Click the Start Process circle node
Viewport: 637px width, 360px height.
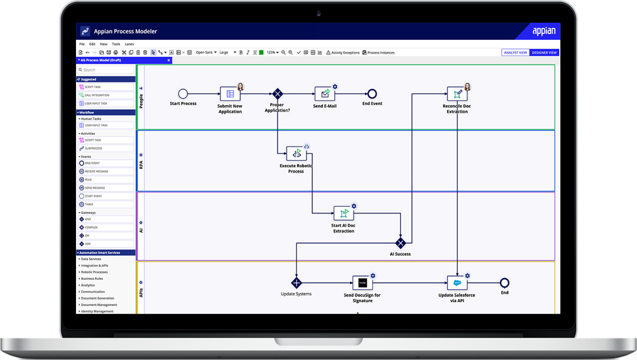coord(183,94)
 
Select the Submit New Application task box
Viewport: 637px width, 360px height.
coord(230,94)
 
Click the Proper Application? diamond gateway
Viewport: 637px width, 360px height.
coord(278,94)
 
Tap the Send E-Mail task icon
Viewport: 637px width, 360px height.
coord(325,94)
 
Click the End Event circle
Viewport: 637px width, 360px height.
coord(372,94)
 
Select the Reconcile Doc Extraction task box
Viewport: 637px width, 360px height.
coord(457,94)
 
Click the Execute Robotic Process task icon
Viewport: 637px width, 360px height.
coord(296,154)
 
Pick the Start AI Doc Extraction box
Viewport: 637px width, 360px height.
coord(343,213)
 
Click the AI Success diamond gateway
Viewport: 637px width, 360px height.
coord(401,243)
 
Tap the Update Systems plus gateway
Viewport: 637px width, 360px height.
coord(296,283)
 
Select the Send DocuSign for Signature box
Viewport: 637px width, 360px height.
coord(363,283)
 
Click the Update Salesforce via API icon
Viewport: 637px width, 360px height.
coord(457,283)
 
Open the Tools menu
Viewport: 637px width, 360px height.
coord(116,44)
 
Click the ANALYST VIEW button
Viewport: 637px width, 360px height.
coord(515,53)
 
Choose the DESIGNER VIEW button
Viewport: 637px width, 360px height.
coord(544,53)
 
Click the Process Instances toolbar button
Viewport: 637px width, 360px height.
coord(379,53)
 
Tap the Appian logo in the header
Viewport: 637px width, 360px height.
coord(544,31)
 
